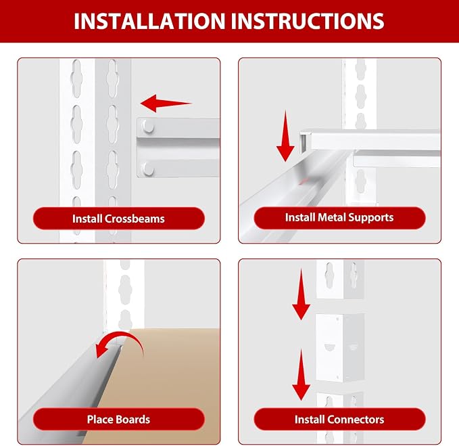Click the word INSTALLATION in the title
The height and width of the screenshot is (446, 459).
pos(149,21)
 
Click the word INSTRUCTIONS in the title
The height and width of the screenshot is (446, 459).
pos(308,21)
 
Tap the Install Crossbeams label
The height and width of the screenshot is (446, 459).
pos(118,219)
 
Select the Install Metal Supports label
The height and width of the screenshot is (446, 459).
pos(339,218)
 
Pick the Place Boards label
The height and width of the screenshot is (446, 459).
pos(118,420)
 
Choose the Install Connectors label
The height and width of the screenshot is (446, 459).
pos(339,420)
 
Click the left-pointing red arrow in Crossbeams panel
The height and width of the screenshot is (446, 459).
pos(166,103)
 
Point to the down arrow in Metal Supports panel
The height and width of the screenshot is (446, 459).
pos(285,135)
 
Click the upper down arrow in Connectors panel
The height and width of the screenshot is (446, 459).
pos(301,294)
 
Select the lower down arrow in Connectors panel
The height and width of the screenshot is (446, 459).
pos(301,374)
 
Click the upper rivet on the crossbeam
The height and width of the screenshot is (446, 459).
pos(149,127)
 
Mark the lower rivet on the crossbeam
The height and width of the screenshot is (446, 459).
pos(149,169)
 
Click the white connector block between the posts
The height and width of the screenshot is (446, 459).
pos(340,348)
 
